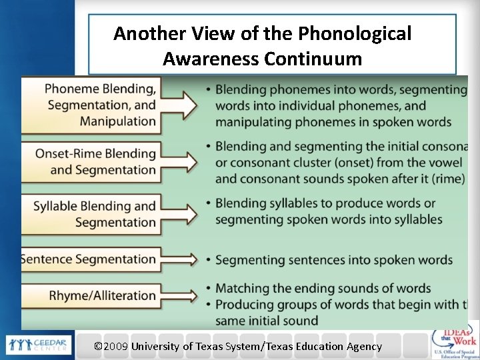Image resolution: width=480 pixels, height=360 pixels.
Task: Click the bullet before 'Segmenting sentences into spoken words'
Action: tap(209, 259)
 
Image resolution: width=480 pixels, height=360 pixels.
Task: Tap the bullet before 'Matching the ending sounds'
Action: tap(209, 289)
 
